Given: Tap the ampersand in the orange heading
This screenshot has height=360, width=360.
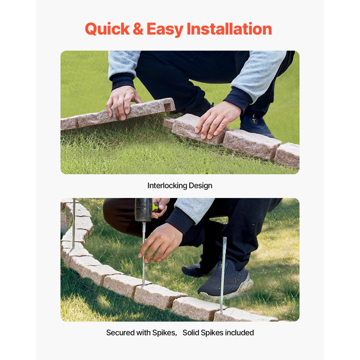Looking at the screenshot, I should tap(138, 29).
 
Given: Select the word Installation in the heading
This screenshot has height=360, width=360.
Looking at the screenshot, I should tap(229, 29).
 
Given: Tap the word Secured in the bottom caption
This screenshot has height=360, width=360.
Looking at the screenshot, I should tap(120, 333).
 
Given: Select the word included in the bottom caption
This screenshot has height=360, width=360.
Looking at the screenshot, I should tap(239, 333).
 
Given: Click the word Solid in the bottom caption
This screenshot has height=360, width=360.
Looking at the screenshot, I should tap(191, 333).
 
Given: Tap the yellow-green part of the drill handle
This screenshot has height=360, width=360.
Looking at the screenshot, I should tap(155, 207).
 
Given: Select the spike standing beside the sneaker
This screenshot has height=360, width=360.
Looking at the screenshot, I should tap(223, 274).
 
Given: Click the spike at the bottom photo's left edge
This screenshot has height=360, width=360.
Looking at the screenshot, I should tap(73, 223).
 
